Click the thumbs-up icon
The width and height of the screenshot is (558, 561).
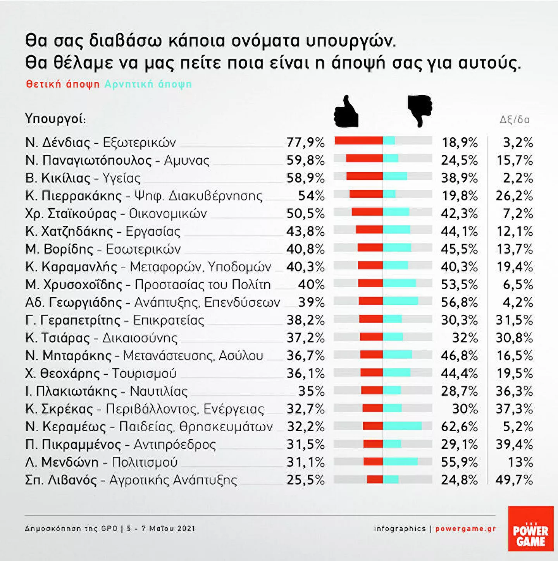tap(346, 112)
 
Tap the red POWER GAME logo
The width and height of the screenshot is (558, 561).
tap(530, 528)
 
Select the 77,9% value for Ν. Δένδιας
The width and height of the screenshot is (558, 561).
tap(305, 142)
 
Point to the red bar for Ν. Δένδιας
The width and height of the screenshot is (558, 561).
tap(359, 141)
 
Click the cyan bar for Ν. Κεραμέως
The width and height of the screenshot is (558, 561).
tap(402, 426)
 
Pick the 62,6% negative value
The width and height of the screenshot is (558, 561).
tap(459, 427)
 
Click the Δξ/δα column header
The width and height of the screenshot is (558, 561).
tap(514, 120)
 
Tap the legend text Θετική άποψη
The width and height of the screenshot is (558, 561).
tap(63, 84)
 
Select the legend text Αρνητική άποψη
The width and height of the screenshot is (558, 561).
tap(148, 84)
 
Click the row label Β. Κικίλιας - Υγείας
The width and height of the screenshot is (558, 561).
tap(83, 178)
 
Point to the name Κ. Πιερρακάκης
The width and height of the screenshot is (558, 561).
tap(74, 196)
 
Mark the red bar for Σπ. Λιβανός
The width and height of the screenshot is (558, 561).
tap(375, 479)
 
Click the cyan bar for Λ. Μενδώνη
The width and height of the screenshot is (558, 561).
tap(400, 461)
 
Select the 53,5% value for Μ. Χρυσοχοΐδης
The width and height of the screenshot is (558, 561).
tap(459, 285)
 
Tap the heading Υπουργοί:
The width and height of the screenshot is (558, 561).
tap(55, 118)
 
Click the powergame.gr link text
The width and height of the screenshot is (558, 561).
tap(465, 528)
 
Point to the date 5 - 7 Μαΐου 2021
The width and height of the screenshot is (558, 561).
tap(161, 528)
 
